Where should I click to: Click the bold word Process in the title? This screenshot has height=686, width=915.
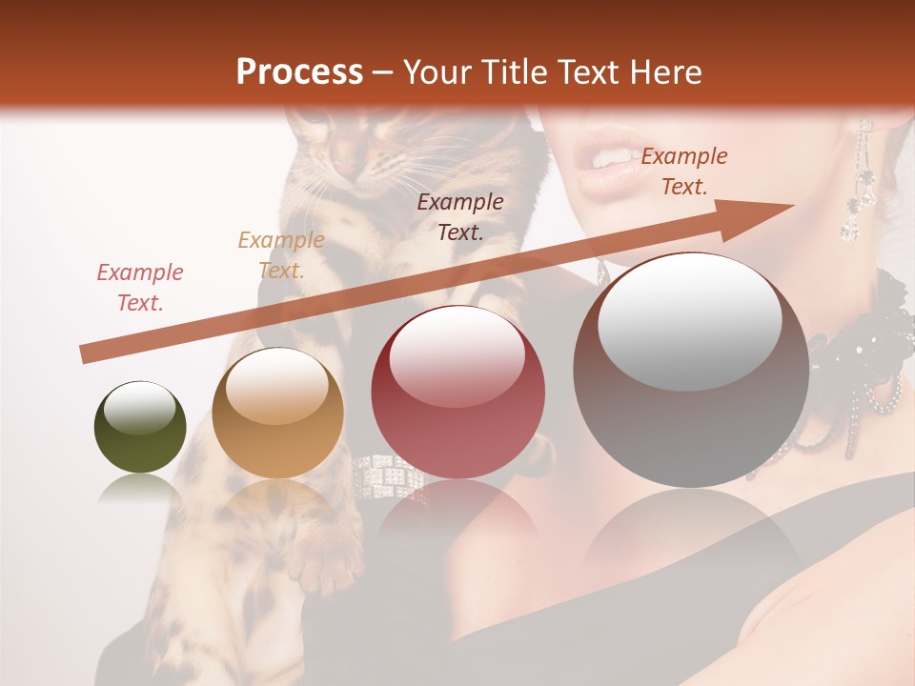tap(299, 72)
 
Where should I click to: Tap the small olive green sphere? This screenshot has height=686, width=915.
tap(140, 427)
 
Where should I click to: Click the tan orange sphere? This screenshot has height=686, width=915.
tap(277, 413)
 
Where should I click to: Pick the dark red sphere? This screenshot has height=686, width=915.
tap(457, 393)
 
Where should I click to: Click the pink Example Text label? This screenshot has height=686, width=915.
tap(139, 287)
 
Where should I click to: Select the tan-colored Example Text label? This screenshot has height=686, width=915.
tap(280, 254)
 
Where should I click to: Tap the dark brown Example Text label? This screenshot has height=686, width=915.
tap(460, 216)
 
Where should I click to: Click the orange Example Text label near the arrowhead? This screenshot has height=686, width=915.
tap(683, 171)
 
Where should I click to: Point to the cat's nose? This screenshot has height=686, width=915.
tap(342, 170)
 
